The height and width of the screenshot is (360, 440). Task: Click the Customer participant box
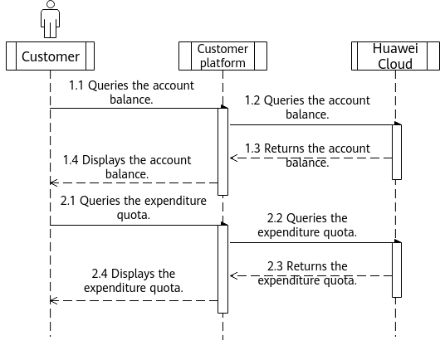pos(51,56)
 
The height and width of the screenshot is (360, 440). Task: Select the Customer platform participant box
pos(222,56)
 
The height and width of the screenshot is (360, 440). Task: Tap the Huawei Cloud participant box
pos(395,56)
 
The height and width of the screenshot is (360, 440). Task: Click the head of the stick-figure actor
pos(51,4)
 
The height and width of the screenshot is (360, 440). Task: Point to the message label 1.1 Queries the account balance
pos(131,92)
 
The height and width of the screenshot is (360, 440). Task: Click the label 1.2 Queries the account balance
pos(307,107)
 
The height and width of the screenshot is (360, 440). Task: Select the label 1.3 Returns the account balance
pos(307,155)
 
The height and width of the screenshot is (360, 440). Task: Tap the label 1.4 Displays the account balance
pos(127,167)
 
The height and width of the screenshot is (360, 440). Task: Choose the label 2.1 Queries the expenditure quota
pos(134,207)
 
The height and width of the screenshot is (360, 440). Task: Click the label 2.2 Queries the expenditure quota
pos(307,225)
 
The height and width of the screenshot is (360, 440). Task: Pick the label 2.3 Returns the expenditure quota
pos(307,273)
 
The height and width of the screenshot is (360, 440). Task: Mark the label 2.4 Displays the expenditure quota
pos(134,280)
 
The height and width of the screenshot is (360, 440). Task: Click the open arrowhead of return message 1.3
pos(233,158)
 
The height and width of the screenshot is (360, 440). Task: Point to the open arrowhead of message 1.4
pos(54,182)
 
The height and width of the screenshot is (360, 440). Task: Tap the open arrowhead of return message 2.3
pos(233,276)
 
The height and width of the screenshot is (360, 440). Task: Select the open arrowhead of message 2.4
pos(54,301)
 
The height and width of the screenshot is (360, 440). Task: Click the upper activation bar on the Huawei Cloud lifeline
pos(397,152)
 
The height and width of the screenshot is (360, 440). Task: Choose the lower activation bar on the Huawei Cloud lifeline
pos(397,270)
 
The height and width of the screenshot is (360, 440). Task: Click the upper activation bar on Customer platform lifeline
pos(222,152)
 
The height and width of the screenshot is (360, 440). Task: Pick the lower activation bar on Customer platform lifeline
pos(222,269)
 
